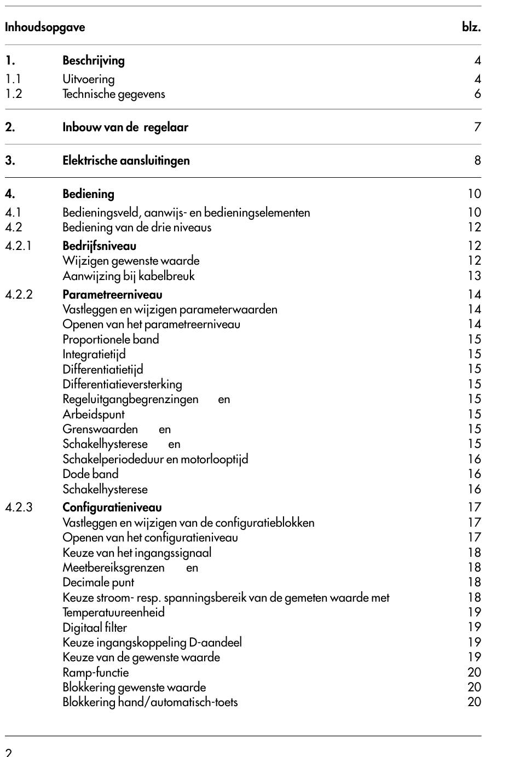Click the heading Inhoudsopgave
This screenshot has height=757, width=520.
45,27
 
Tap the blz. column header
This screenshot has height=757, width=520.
471,27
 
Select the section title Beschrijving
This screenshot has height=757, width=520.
94,60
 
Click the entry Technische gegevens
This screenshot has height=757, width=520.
113,94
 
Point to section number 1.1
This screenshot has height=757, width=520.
13,79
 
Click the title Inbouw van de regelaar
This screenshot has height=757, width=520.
125,127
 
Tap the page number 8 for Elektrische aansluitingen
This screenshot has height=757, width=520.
477,160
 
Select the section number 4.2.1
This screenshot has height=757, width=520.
18,246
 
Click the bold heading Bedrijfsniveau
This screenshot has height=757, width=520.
99,246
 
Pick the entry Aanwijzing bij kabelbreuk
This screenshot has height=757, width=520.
128,276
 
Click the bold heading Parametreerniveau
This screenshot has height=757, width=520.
112,294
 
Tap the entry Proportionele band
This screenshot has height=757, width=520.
111,339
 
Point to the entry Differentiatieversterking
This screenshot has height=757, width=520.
122,384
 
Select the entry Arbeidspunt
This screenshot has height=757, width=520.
94,414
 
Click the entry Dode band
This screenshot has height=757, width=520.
90,474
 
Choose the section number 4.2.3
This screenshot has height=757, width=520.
19,507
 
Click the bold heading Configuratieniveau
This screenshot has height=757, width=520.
112,507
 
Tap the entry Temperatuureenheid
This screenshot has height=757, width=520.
113,612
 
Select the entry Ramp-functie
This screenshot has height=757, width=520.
96,672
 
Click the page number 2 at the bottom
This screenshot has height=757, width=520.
9,752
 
